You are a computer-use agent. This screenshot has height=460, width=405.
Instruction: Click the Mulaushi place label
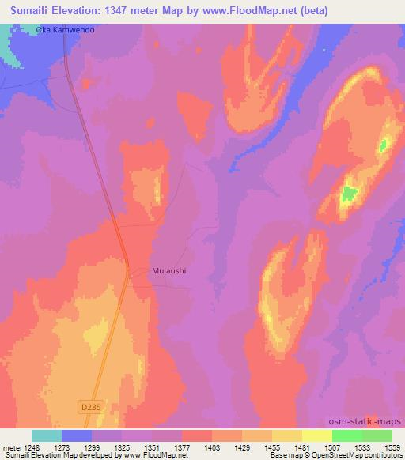coord(168,270)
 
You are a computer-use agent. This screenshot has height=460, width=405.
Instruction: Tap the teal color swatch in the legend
coord(47,435)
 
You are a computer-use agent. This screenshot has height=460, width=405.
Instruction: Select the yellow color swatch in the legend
coord(317,435)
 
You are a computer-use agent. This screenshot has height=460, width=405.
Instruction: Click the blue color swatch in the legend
coord(77,435)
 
